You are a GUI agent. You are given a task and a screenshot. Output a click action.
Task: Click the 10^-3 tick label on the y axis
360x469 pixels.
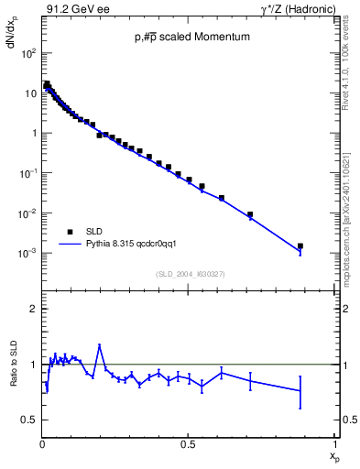27,254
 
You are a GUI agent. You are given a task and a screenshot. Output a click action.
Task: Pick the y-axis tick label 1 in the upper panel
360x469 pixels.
34,134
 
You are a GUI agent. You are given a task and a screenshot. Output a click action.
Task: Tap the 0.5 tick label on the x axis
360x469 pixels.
187,444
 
